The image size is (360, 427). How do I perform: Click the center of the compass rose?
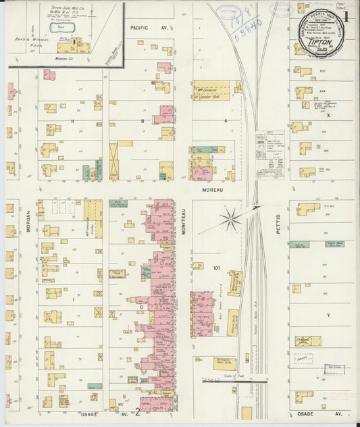tap(230, 218)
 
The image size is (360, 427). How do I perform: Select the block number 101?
tap(215, 268)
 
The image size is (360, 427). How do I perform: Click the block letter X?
tap(329, 116)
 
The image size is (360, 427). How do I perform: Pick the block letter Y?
tap(329, 315)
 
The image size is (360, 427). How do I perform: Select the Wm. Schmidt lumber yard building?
tap(211, 91)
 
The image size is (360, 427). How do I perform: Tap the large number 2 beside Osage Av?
tap(138, 410)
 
